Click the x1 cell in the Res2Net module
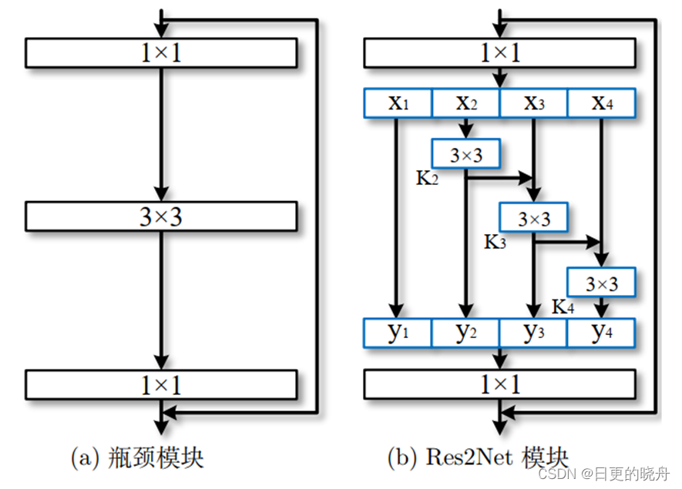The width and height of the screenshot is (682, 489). [398, 103]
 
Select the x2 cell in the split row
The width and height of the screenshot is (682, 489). [465, 103]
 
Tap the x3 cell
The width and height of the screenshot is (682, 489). [533, 103]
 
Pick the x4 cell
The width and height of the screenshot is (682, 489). [601, 103]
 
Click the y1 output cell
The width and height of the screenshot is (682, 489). [398, 332]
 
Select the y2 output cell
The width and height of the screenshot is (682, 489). [465, 332]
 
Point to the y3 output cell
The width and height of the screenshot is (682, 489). [533, 332]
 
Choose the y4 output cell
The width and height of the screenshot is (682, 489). [601, 332]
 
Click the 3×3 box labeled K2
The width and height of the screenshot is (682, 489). [466, 154]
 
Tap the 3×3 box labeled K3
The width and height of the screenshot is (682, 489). [533, 218]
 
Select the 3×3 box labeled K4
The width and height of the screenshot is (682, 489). [601, 283]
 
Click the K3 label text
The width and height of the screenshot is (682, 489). [495, 242]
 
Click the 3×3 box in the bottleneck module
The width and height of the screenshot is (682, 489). [161, 216]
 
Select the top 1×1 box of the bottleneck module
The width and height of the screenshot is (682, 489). [161, 52]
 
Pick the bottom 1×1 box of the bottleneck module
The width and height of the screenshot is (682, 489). [161, 383]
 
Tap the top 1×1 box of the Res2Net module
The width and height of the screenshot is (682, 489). [499, 52]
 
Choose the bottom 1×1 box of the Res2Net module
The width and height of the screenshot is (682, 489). [499, 383]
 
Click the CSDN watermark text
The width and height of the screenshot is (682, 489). [553, 472]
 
